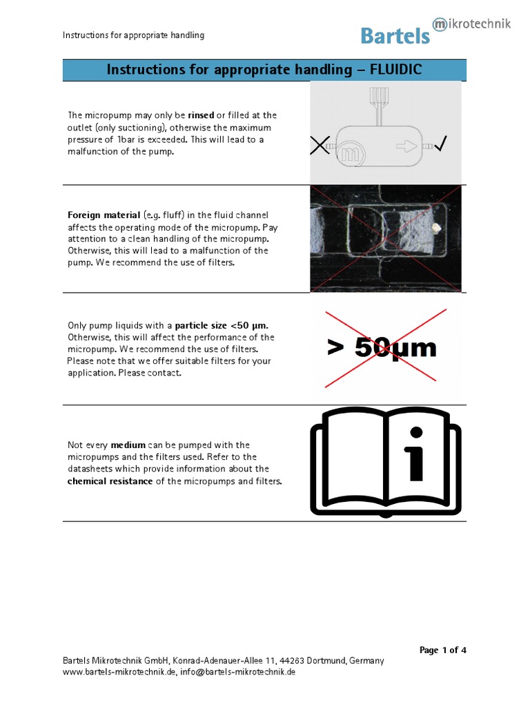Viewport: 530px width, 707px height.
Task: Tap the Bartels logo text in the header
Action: (x=395, y=36)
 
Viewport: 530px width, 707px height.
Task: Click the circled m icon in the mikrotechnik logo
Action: (x=440, y=25)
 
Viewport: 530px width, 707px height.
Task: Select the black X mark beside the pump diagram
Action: (x=319, y=145)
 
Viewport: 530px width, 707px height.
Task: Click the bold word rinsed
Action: (x=201, y=115)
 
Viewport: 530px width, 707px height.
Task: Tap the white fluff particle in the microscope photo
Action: (x=436, y=226)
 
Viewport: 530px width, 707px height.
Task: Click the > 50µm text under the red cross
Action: (x=382, y=348)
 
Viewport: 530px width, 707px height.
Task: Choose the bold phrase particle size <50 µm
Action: (x=221, y=325)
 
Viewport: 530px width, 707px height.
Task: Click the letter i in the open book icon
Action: (x=415, y=456)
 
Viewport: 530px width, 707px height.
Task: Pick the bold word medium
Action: (x=128, y=445)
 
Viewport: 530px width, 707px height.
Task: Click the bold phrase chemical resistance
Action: (x=110, y=481)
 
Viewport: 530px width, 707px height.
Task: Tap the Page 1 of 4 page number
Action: (x=443, y=650)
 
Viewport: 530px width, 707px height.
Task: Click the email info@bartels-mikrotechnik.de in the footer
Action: (x=238, y=672)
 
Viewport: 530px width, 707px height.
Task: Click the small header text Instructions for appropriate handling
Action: (x=133, y=35)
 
